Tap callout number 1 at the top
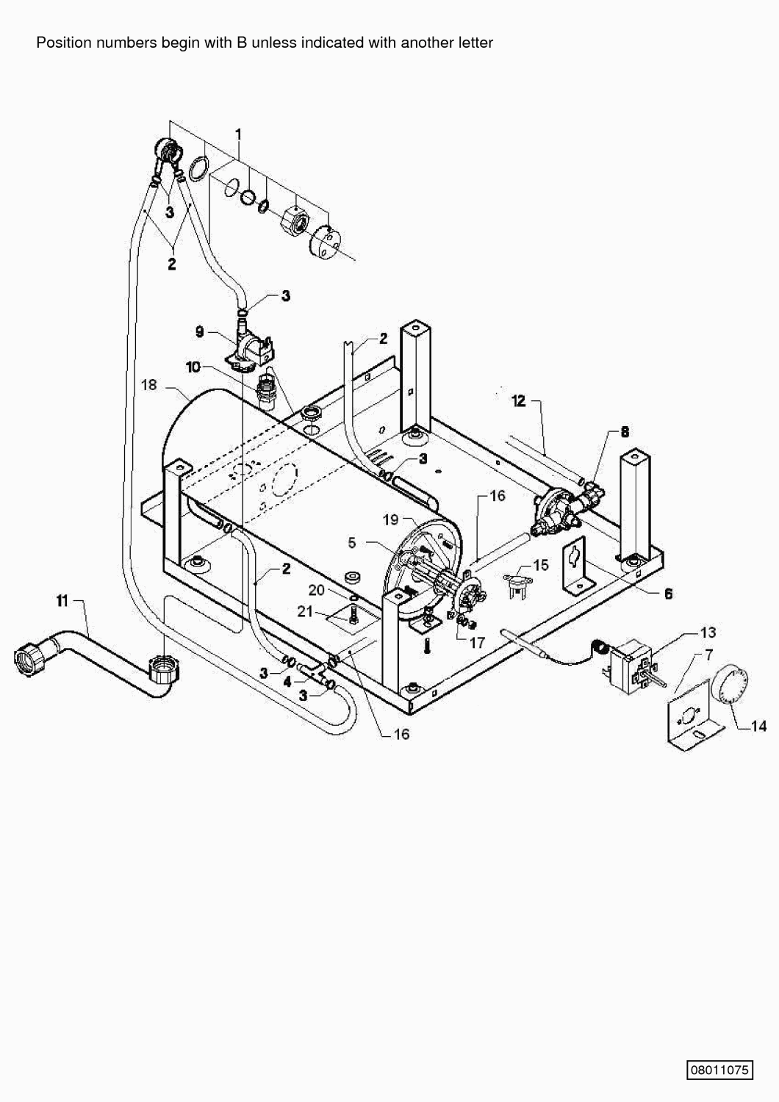(239, 134)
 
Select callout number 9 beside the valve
(199, 332)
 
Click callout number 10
(193, 367)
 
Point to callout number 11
(62, 601)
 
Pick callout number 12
(519, 401)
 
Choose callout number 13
(708, 632)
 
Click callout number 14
(758, 726)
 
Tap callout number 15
(541, 565)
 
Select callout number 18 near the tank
(149, 385)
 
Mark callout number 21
(305, 611)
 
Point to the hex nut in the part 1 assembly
(293, 217)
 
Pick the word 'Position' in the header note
(63, 43)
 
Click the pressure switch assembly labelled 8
(567, 507)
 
